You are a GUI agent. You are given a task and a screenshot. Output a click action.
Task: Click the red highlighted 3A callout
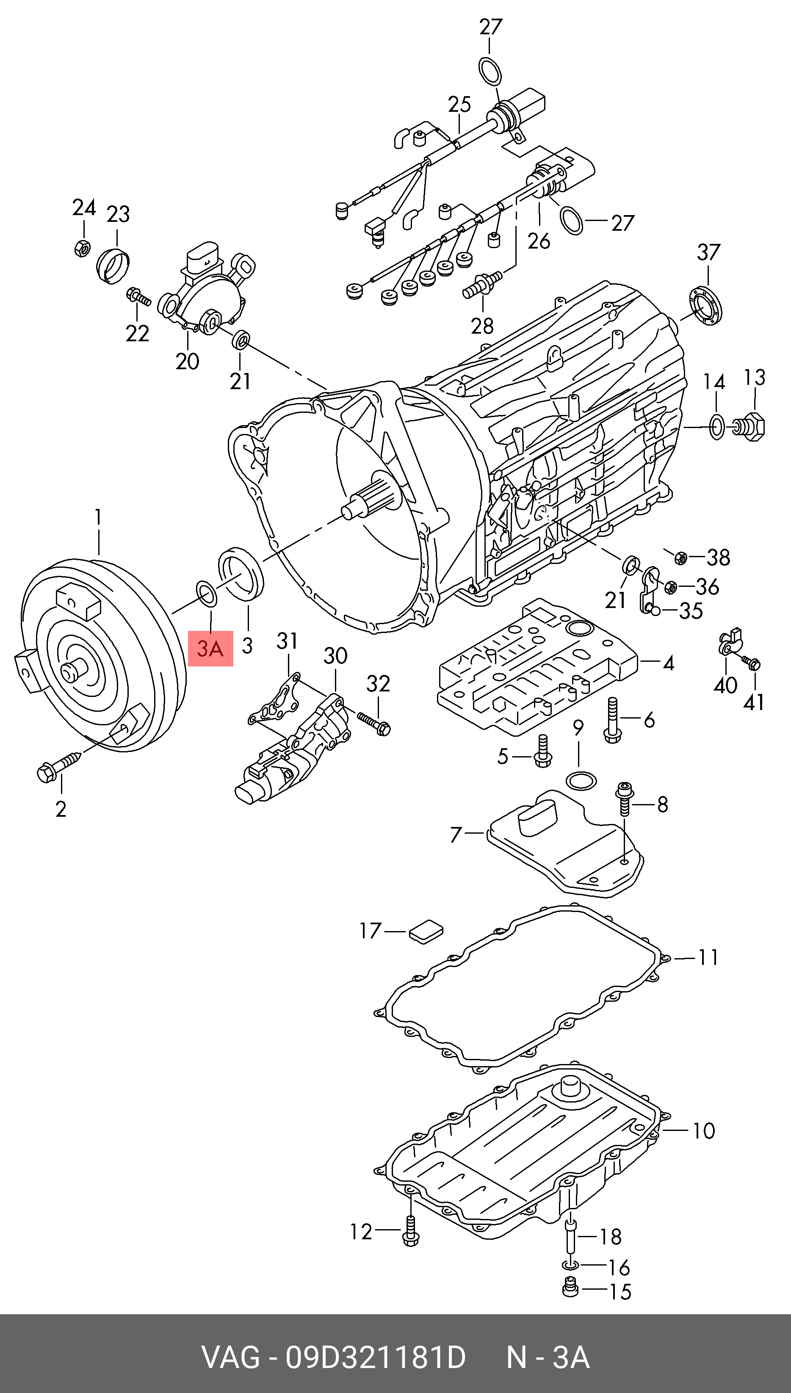pyautogui.click(x=210, y=648)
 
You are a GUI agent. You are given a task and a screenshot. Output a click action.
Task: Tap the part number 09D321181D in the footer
pyautogui.click(x=376, y=1358)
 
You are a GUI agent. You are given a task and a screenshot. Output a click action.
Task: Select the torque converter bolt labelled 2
pyautogui.click(x=59, y=767)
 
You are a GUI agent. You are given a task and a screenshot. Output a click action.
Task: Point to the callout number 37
pyautogui.click(x=708, y=252)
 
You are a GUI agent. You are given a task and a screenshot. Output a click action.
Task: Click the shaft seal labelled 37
pyautogui.click(x=705, y=307)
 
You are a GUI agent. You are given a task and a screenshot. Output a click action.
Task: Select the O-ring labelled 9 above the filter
pyautogui.click(x=581, y=781)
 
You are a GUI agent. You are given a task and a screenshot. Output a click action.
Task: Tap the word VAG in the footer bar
pyautogui.click(x=230, y=1358)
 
